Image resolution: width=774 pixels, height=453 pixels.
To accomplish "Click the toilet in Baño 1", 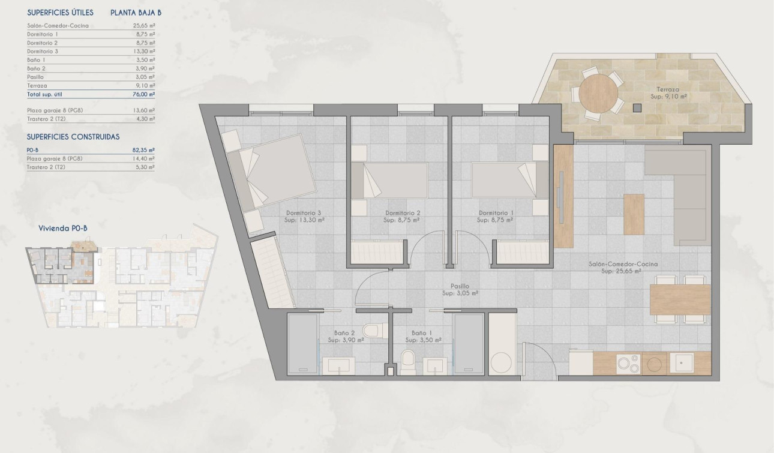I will pos(407,361).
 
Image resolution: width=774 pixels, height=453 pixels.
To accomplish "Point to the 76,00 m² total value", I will pos(144,94).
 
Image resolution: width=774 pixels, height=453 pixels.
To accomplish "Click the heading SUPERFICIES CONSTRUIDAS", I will pos(74,137).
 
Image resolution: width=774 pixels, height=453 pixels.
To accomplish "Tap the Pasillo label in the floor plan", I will pos(460,286).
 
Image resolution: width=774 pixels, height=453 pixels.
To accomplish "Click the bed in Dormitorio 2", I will pos(389,180).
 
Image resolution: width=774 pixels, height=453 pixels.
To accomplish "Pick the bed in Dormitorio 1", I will pos(510,180).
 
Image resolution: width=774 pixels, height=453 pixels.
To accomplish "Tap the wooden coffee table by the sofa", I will pos(634,214).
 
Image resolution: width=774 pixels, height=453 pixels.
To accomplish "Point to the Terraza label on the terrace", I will pos(668,89).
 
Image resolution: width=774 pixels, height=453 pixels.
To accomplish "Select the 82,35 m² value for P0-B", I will pos(144,150).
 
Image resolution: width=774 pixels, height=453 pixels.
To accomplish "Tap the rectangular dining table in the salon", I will pos(680,299).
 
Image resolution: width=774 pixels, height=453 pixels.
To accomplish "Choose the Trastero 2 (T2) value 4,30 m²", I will pos(144,119).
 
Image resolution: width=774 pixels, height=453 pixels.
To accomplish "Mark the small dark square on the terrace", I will pos(637,108).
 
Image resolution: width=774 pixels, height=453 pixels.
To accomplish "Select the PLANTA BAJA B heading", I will pos(136,13).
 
